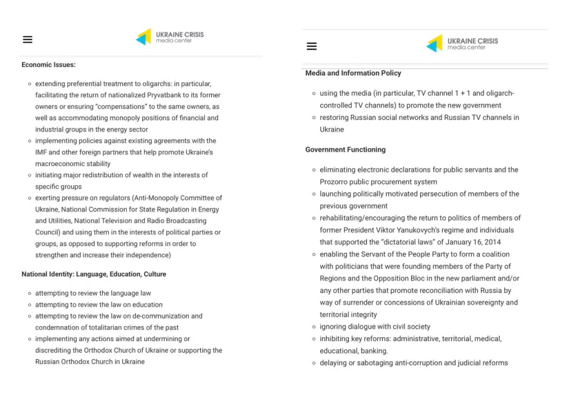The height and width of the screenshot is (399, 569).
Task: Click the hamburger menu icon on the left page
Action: click(27, 39)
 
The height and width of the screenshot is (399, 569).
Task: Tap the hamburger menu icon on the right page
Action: click(312, 46)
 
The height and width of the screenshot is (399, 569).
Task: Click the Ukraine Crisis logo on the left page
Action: click(170, 37)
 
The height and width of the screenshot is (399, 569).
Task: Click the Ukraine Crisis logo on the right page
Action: click(462, 44)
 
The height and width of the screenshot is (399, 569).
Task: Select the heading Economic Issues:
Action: click(48, 65)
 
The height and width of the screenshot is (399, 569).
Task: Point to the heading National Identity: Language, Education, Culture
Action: click(94, 274)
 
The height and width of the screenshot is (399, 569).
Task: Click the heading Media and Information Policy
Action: click(353, 73)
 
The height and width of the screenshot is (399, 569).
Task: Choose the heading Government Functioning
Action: click(345, 149)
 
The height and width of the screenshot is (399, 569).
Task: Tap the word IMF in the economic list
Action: click(41, 152)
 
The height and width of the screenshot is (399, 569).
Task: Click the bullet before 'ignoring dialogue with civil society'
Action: click(314, 327)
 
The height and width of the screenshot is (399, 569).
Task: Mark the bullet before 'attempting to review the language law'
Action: click(29, 293)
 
